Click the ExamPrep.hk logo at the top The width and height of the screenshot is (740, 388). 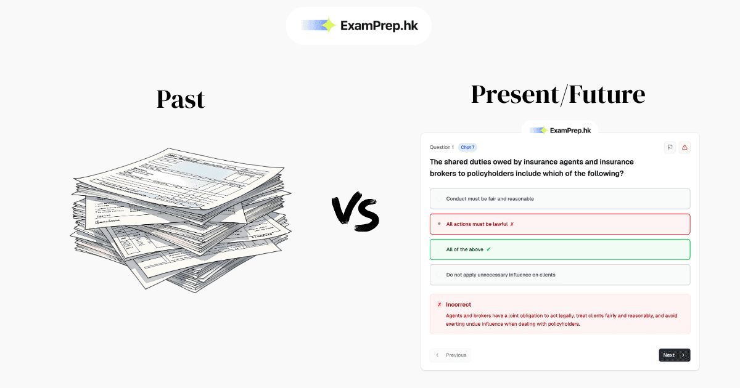click(x=358, y=25)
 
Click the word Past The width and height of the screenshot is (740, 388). click(x=180, y=99)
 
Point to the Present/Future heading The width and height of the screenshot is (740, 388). click(x=558, y=94)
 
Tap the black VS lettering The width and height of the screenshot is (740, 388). click(x=356, y=213)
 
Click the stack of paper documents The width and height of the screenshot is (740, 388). click(x=181, y=219)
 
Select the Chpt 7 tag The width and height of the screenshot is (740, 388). click(x=467, y=147)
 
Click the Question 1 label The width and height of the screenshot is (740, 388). click(x=442, y=147)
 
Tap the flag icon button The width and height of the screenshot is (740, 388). click(x=670, y=147)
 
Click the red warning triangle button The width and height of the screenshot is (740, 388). click(x=684, y=147)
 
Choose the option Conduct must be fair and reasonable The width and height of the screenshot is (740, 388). click(x=490, y=199)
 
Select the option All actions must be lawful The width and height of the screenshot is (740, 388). click(x=477, y=224)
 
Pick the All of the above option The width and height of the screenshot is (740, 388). click(x=464, y=249)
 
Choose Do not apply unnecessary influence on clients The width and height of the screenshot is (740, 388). click(x=500, y=275)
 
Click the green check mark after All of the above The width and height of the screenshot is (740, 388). click(x=489, y=249)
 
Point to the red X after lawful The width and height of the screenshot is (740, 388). click(x=512, y=224)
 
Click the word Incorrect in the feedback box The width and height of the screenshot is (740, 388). click(x=458, y=304)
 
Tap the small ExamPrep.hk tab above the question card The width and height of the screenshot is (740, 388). click(x=560, y=130)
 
